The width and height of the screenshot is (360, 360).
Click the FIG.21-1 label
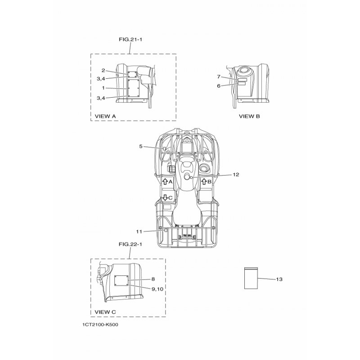click(130, 39)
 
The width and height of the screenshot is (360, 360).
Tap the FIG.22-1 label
click(130, 244)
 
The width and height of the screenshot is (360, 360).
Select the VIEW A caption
click(105, 116)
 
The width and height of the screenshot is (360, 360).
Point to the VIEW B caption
click(249, 116)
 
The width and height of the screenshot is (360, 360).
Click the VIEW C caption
click(105, 312)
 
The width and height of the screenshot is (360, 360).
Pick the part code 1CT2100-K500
click(100, 324)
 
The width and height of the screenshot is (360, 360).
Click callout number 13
click(279, 279)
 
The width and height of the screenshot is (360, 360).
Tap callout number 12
click(236, 175)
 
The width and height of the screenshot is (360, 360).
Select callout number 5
click(141, 146)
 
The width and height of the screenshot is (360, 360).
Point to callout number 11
click(139, 232)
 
